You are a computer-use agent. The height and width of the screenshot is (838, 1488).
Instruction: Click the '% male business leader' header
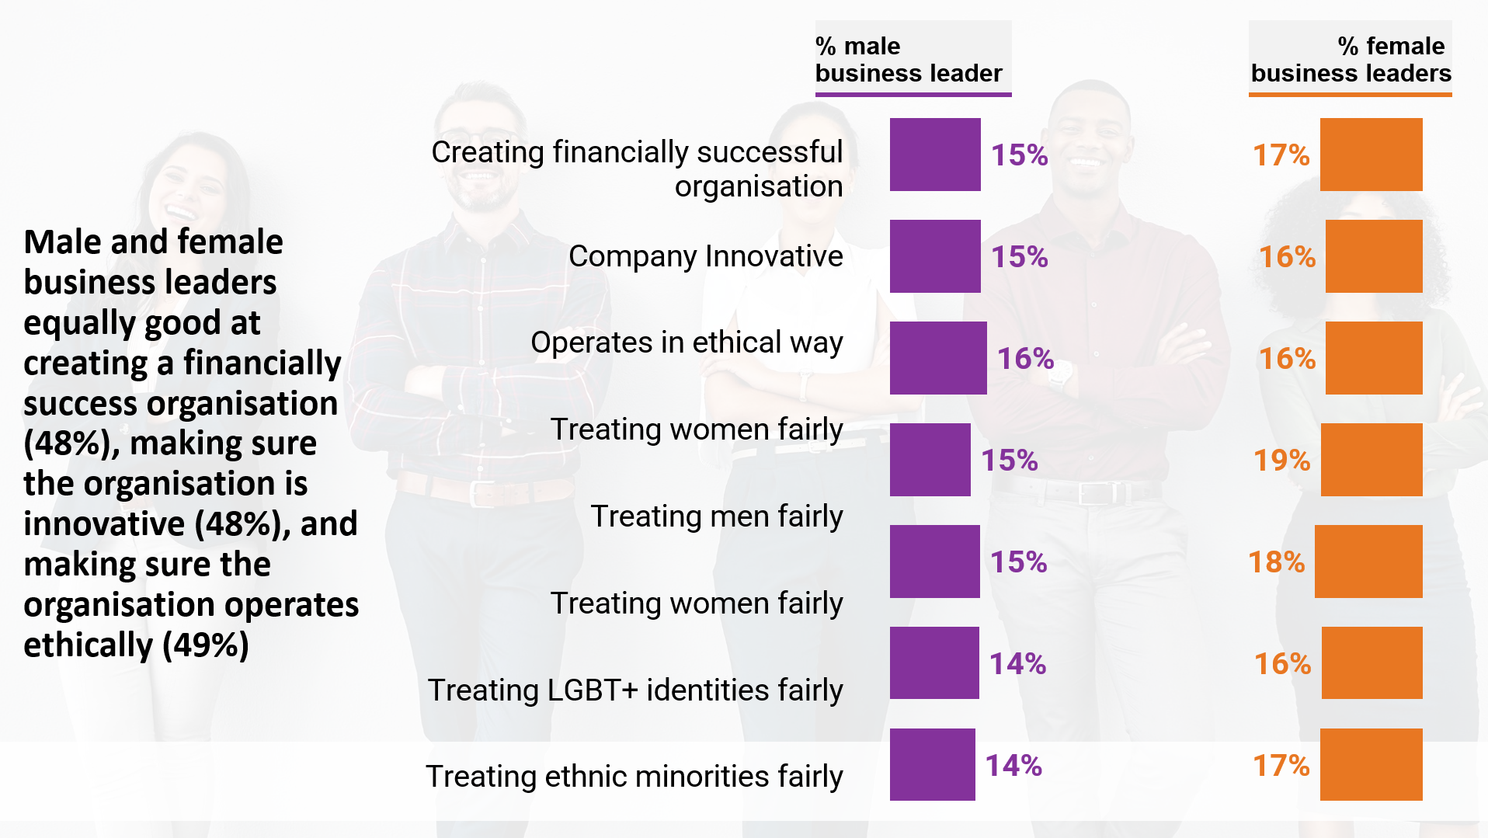coord(909,59)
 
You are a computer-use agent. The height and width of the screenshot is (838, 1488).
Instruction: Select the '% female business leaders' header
coord(1351,59)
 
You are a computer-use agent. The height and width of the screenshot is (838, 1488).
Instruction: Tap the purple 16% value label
coord(1025,358)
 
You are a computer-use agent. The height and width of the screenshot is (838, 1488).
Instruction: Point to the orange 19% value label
coord(1281,460)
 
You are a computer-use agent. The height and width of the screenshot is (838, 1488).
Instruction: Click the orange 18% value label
coord(1276,562)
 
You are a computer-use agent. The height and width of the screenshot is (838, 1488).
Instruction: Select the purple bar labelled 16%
coord(938,358)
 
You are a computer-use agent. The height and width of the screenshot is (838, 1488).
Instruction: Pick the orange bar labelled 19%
coord(1372,460)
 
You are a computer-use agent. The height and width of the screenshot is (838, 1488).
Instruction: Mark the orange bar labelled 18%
coord(1368,562)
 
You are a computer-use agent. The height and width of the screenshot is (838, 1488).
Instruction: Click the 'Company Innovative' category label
coord(705,256)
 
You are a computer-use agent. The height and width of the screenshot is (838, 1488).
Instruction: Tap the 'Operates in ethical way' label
coord(687,343)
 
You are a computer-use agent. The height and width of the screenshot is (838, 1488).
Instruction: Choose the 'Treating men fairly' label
coord(716,516)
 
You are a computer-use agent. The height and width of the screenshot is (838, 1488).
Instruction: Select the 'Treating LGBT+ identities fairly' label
coord(635,690)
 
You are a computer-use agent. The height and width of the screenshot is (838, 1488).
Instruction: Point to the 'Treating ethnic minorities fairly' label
coord(634,776)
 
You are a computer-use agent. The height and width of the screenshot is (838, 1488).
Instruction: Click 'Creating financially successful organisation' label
coord(637,169)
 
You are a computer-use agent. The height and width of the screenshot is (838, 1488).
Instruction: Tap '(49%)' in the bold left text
coord(206,645)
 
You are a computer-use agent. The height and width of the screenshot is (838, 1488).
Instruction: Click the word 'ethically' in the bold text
coord(89,645)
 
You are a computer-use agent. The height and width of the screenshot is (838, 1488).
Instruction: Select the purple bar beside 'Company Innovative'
coord(935,256)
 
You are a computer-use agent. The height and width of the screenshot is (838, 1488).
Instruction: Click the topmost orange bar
coord(1372,155)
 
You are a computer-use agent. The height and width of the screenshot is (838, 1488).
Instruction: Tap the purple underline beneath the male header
coord(913,94)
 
